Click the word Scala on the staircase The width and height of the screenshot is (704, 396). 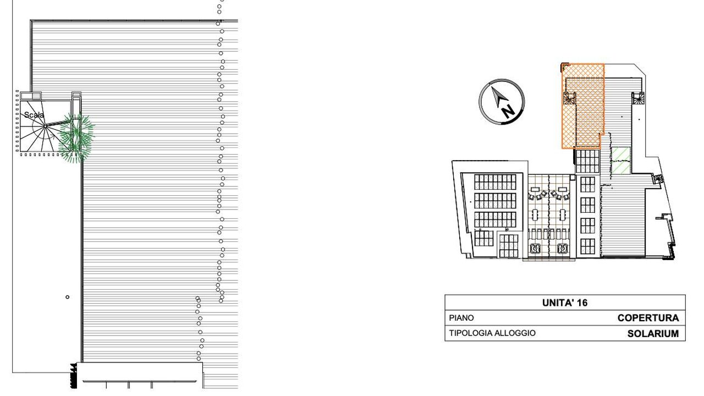click(34, 115)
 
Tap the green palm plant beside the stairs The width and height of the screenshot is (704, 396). click(76, 138)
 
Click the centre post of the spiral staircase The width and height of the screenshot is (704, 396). click(45, 126)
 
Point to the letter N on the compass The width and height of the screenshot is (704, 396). click(508, 111)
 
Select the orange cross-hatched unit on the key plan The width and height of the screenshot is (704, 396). click(582, 106)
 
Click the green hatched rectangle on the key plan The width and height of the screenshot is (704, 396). click(621, 161)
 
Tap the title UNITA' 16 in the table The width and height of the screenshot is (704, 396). click(565, 302)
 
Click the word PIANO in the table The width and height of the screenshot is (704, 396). click(461, 318)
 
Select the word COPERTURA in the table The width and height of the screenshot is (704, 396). click(648, 318)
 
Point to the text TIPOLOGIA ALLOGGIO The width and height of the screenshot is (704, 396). click(492, 333)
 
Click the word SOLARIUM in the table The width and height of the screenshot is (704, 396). click(653, 333)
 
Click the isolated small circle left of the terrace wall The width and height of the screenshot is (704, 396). click(67, 297)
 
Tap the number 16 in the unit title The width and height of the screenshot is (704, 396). click(582, 302)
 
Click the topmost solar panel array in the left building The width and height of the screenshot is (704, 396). click(495, 182)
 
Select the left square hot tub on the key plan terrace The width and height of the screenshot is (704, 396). click(534, 249)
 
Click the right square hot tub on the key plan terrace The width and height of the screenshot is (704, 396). click(562, 249)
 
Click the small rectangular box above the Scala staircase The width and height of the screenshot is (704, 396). click(31, 96)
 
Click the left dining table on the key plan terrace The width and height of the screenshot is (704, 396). click(535, 215)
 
